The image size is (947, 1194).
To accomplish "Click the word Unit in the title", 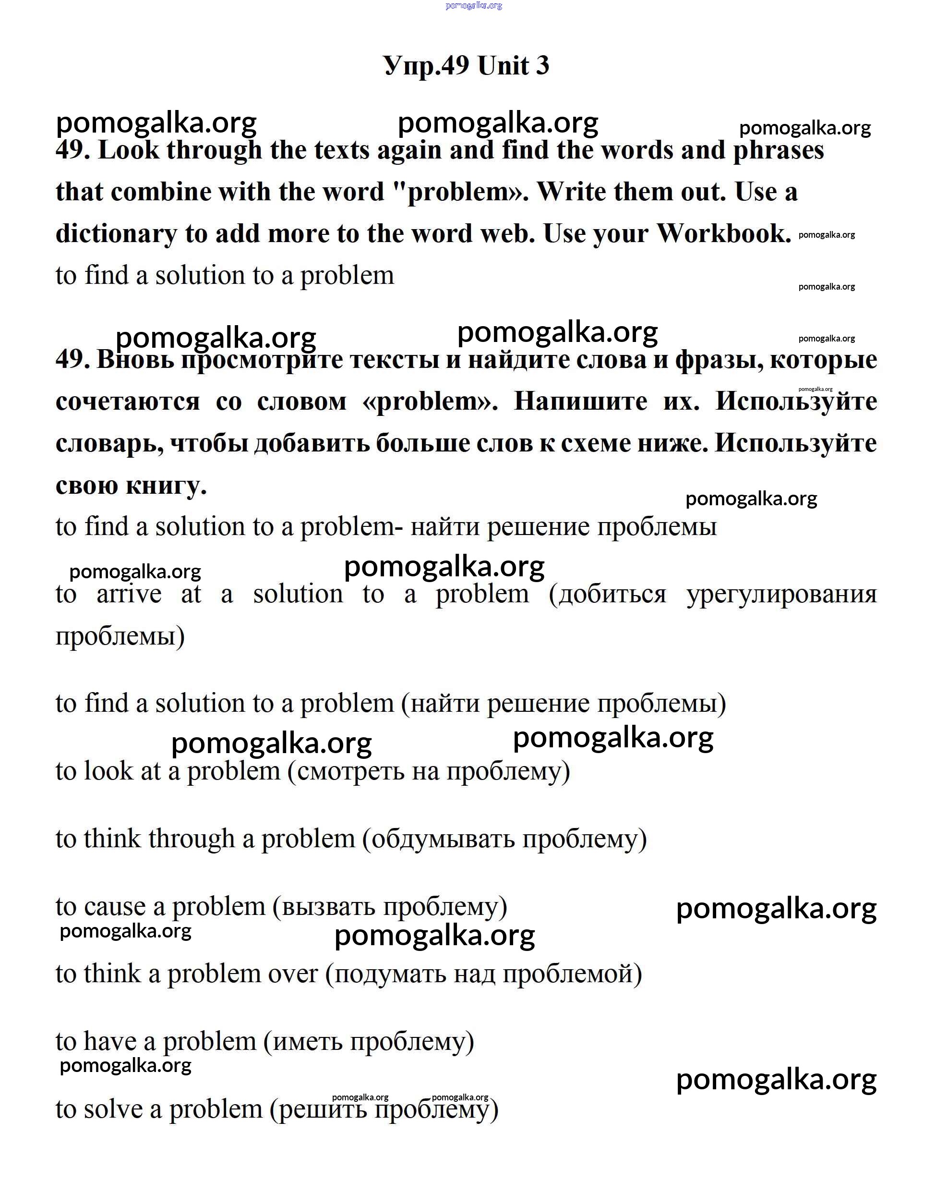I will pos(503,66).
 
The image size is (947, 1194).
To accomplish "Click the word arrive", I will pos(129,594).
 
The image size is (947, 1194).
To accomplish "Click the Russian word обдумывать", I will pos(444,839).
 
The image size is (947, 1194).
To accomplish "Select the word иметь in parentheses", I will pos(307,1042).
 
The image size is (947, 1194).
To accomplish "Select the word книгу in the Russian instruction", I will pos(166,486).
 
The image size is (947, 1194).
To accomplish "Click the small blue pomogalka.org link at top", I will pos(474,6).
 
